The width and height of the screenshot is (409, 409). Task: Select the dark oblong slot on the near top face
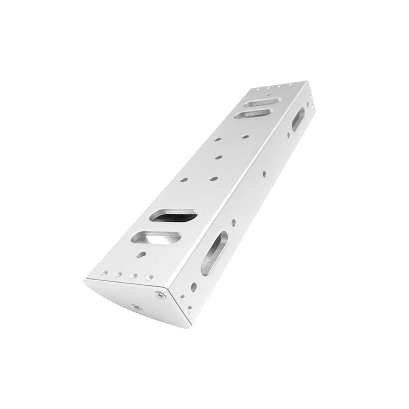tap(173, 215)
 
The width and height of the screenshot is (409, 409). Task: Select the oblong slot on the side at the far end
tap(298, 118)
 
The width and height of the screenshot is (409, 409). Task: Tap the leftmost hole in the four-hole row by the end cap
tap(104, 273)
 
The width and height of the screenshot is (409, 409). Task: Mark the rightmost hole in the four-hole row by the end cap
tap(149, 278)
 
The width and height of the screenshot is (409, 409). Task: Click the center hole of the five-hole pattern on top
tap(218, 157)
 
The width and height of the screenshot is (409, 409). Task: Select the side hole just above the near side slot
tap(234, 223)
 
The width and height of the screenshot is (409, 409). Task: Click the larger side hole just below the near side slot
tap(194, 287)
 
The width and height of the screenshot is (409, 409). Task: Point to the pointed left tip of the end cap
tap(85, 280)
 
